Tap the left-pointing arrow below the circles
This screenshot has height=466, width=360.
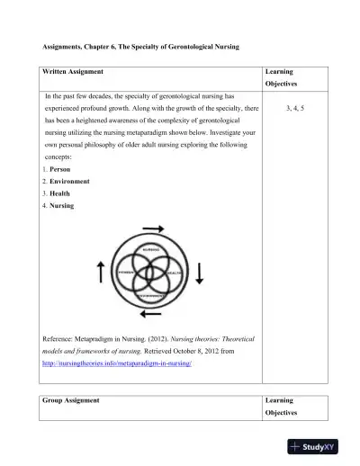click(151, 314)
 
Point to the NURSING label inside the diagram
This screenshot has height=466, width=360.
click(150, 248)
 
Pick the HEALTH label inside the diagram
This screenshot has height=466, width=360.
click(173, 272)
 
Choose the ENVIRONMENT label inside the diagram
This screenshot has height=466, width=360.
click(150, 294)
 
